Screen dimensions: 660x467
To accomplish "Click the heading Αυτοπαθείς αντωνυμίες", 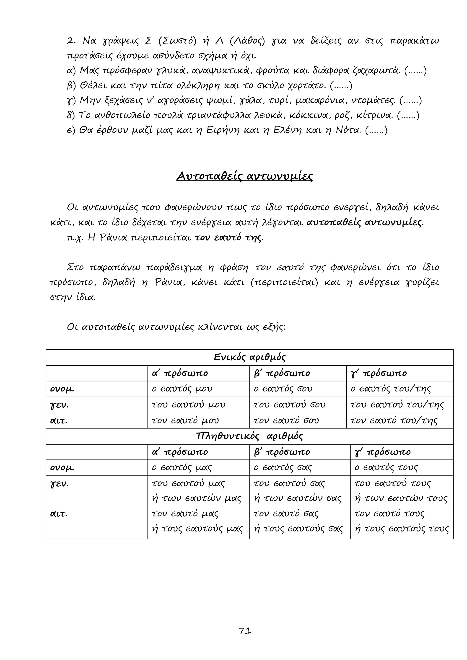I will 244,176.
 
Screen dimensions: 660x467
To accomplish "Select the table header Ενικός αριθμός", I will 250,357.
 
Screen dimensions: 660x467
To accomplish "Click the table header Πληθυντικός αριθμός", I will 250,436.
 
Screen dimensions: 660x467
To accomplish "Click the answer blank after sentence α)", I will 415,71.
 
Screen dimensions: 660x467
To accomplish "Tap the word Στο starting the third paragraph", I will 75,268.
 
